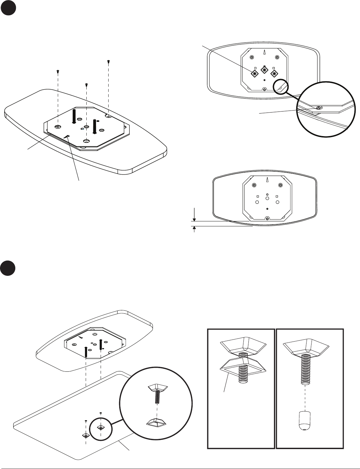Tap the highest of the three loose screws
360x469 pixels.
109,61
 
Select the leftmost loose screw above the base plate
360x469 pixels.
58,71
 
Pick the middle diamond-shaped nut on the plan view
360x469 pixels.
264,71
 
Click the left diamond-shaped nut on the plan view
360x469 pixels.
254,73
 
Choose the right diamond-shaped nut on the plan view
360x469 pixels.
274,73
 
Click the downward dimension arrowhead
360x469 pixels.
194,219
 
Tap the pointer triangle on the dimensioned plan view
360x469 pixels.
268,180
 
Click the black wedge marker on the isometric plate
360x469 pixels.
67,136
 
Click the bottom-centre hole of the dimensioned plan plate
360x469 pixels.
267,218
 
